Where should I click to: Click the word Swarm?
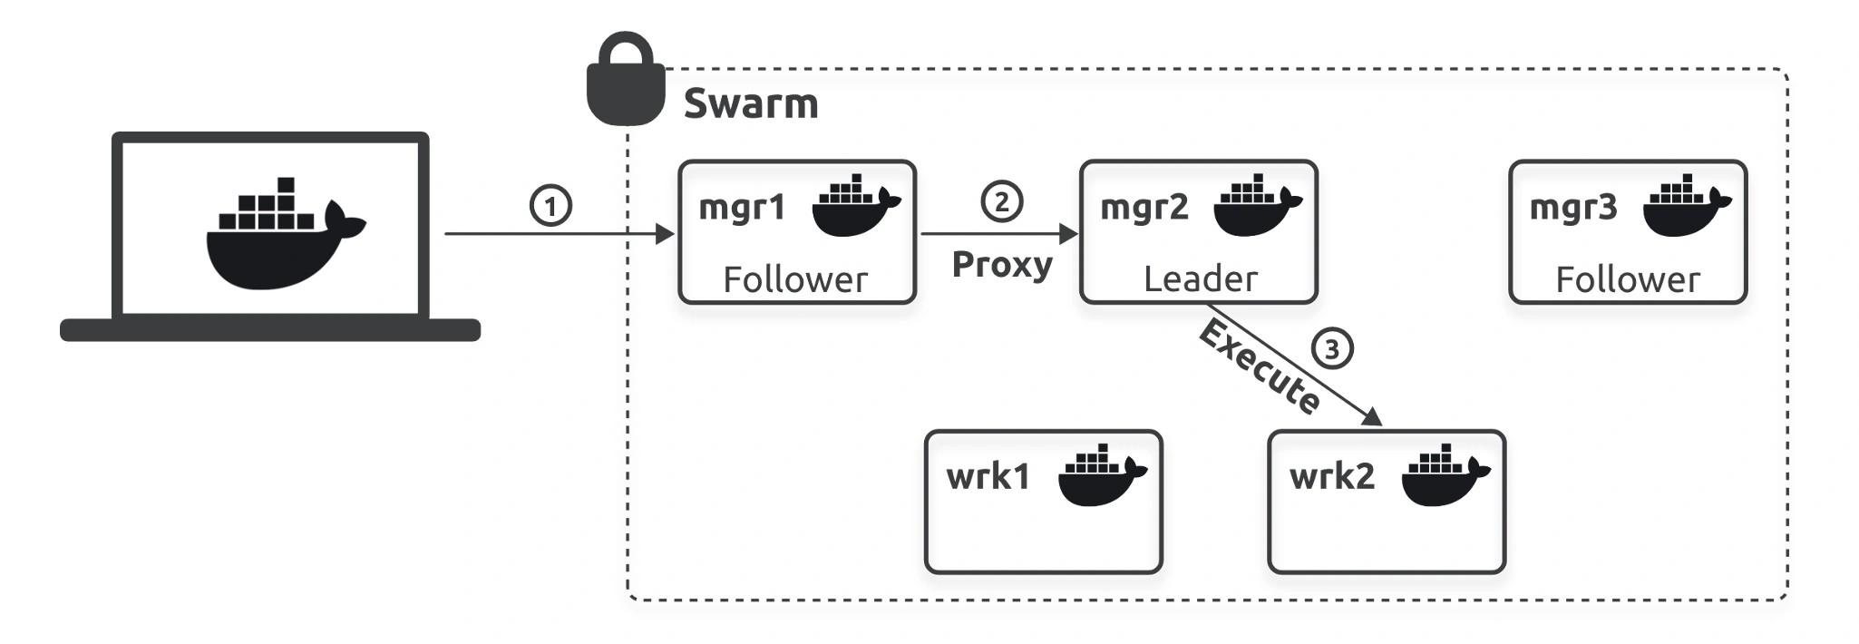[751, 103]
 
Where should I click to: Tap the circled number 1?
[550, 205]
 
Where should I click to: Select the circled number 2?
[1002, 200]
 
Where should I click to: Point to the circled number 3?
[1331, 349]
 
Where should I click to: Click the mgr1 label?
[742, 209]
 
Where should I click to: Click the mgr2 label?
[1144, 208]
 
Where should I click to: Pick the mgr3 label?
[1573, 208]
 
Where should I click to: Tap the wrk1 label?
[988, 476]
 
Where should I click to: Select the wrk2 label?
[1332, 476]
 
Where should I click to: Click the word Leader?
[1201, 279]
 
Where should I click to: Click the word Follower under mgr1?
[795, 279]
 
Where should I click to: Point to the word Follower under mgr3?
[1628, 279]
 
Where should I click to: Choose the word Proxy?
[1002, 265]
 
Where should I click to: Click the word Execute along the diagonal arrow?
[1260, 367]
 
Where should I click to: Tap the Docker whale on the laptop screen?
[286, 233]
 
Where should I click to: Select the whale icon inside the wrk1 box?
[1103, 474]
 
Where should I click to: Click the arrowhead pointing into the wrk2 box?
[1372, 416]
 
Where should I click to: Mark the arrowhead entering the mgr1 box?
[666, 234]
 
